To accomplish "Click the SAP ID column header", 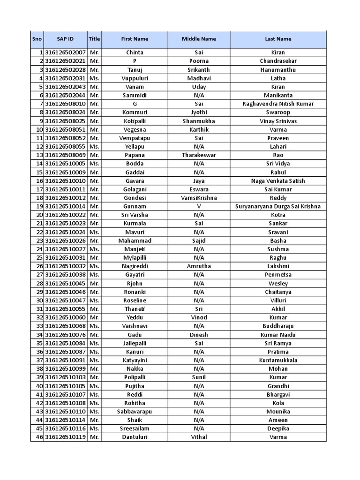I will (x=65, y=39).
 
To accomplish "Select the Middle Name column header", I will (x=199, y=39).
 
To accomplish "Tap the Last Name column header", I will (x=278, y=39).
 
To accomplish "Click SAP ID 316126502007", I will (x=65, y=52).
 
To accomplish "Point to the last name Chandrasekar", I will (x=278, y=61).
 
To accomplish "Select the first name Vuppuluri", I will (x=135, y=78).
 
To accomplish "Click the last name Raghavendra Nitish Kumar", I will (x=278, y=104).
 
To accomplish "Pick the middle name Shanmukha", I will (x=199, y=121).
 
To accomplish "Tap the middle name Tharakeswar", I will (x=199, y=155).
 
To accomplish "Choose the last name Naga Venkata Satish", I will (x=278, y=181).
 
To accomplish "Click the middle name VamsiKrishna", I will (x=199, y=198).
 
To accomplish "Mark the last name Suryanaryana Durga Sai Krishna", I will (x=278, y=206).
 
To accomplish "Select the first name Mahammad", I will (x=135, y=240).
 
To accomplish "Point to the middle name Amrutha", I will (x=199, y=266).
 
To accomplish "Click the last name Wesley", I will (x=278, y=284).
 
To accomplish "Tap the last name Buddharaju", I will (x=278, y=326).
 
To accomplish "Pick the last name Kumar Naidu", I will (x=278, y=335).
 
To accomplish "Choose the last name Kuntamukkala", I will (x=278, y=360).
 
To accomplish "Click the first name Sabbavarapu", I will (x=135, y=412).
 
